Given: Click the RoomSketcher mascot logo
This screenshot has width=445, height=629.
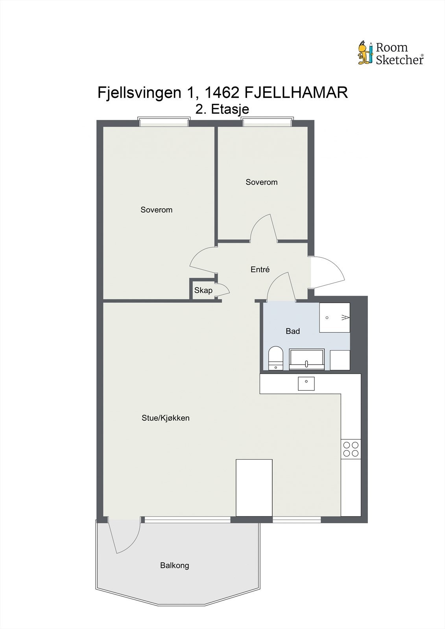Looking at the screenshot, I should click(x=366, y=53).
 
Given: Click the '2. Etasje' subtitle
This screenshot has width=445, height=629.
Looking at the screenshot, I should click(x=222, y=109).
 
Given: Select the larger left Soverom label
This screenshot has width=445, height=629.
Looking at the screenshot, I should click(x=156, y=210).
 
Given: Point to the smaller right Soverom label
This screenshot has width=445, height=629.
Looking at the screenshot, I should click(x=261, y=182).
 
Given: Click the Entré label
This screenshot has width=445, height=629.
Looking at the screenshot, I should click(x=260, y=270).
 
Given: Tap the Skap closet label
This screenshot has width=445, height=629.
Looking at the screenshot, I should click(x=203, y=291).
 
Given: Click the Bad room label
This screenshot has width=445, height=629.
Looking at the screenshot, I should click(x=292, y=331).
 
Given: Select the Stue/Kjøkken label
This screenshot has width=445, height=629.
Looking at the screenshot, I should click(x=165, y=418).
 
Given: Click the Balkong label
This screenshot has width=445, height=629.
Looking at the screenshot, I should click(x=174, y=566).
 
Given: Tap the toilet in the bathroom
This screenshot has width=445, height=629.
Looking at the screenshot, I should click(x=275, y=358).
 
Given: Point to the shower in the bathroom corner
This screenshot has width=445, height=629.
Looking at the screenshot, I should click(x=334, y=317).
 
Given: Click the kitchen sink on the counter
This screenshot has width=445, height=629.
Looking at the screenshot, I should click(x=306, y=383).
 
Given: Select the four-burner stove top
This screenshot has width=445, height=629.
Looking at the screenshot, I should click(x=351, y=449).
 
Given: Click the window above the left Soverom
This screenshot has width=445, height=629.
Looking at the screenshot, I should click(x=164, y=122).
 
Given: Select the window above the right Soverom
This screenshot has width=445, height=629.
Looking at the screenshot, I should click(x=268, y=122).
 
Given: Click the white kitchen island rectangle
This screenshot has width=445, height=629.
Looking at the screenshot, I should click(x=254, y=487).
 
